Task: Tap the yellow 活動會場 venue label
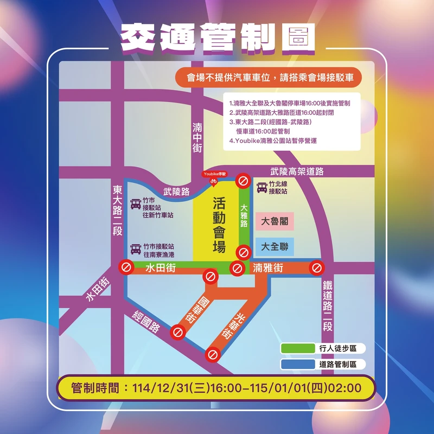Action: click(219, 225)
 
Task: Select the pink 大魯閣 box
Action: click(275, 221)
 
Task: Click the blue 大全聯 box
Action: click(275, 247)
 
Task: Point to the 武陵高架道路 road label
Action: click(297, 171)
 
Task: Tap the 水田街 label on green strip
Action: click(159, 267)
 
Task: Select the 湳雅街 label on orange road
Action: click(268, 267)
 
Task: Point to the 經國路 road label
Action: click(148, 322)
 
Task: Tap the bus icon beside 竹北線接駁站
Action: click(262, 187)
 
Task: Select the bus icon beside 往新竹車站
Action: click(136, 204)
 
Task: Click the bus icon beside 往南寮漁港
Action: click(136, 249)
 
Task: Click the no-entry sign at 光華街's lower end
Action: click(213, 355)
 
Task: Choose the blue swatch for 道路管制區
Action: click(298, 365)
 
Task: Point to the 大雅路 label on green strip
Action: click(244, 216)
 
